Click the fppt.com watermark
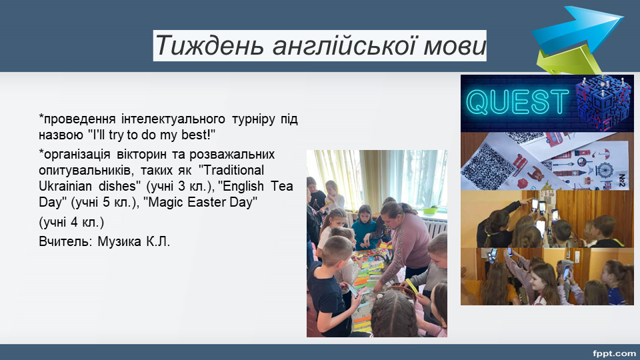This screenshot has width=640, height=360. pos(614,353)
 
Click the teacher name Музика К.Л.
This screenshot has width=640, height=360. pos(133,241)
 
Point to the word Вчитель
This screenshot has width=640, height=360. pos(65,241)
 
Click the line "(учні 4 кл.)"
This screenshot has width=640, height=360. pos(71,223)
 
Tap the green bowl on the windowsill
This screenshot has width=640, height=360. pos(430,211)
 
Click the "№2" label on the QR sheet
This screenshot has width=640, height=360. pos(622,179)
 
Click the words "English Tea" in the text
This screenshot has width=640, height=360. pos(255,186)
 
